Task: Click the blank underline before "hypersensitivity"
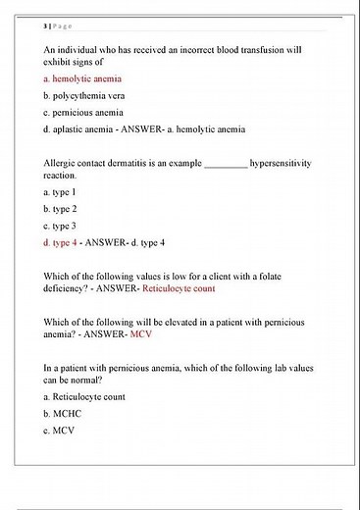(x=225, y=162)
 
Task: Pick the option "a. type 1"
(x=60, y=192)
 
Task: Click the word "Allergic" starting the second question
(x=61, y=162)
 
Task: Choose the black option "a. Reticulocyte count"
(x=84, y=397)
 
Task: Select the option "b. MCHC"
(x=64, y=414)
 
